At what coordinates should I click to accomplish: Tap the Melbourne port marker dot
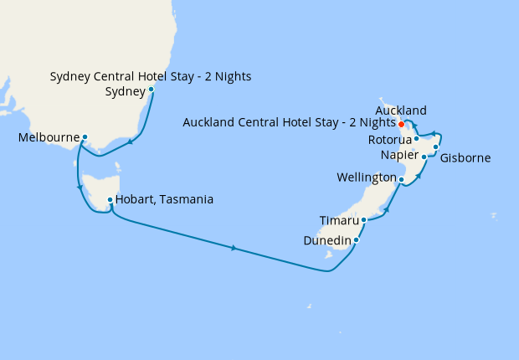coord(85,136)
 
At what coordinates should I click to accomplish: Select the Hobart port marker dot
coord(110,199)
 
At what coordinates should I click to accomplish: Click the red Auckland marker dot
coord(402,124)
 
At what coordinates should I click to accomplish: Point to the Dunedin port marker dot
coord(357,240)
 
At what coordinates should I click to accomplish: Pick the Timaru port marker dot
coord(363,220)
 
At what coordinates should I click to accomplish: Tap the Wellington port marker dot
coord(401,179)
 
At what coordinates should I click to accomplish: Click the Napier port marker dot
coord(424,157)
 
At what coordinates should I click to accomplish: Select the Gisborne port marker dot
coord(436,147)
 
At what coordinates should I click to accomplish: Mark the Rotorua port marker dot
coord(416,138)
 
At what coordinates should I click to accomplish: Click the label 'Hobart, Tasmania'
coord(164,199)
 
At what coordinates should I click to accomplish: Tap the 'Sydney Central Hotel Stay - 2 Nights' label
coord(151,77)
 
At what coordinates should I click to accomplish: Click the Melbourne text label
coord(49,136)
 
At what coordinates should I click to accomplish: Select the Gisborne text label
coord(465,157)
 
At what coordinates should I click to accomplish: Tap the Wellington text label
coord(367,178)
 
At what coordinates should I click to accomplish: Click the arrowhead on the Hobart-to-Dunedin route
coord(234,248)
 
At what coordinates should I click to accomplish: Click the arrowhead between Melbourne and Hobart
coord(80,188)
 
